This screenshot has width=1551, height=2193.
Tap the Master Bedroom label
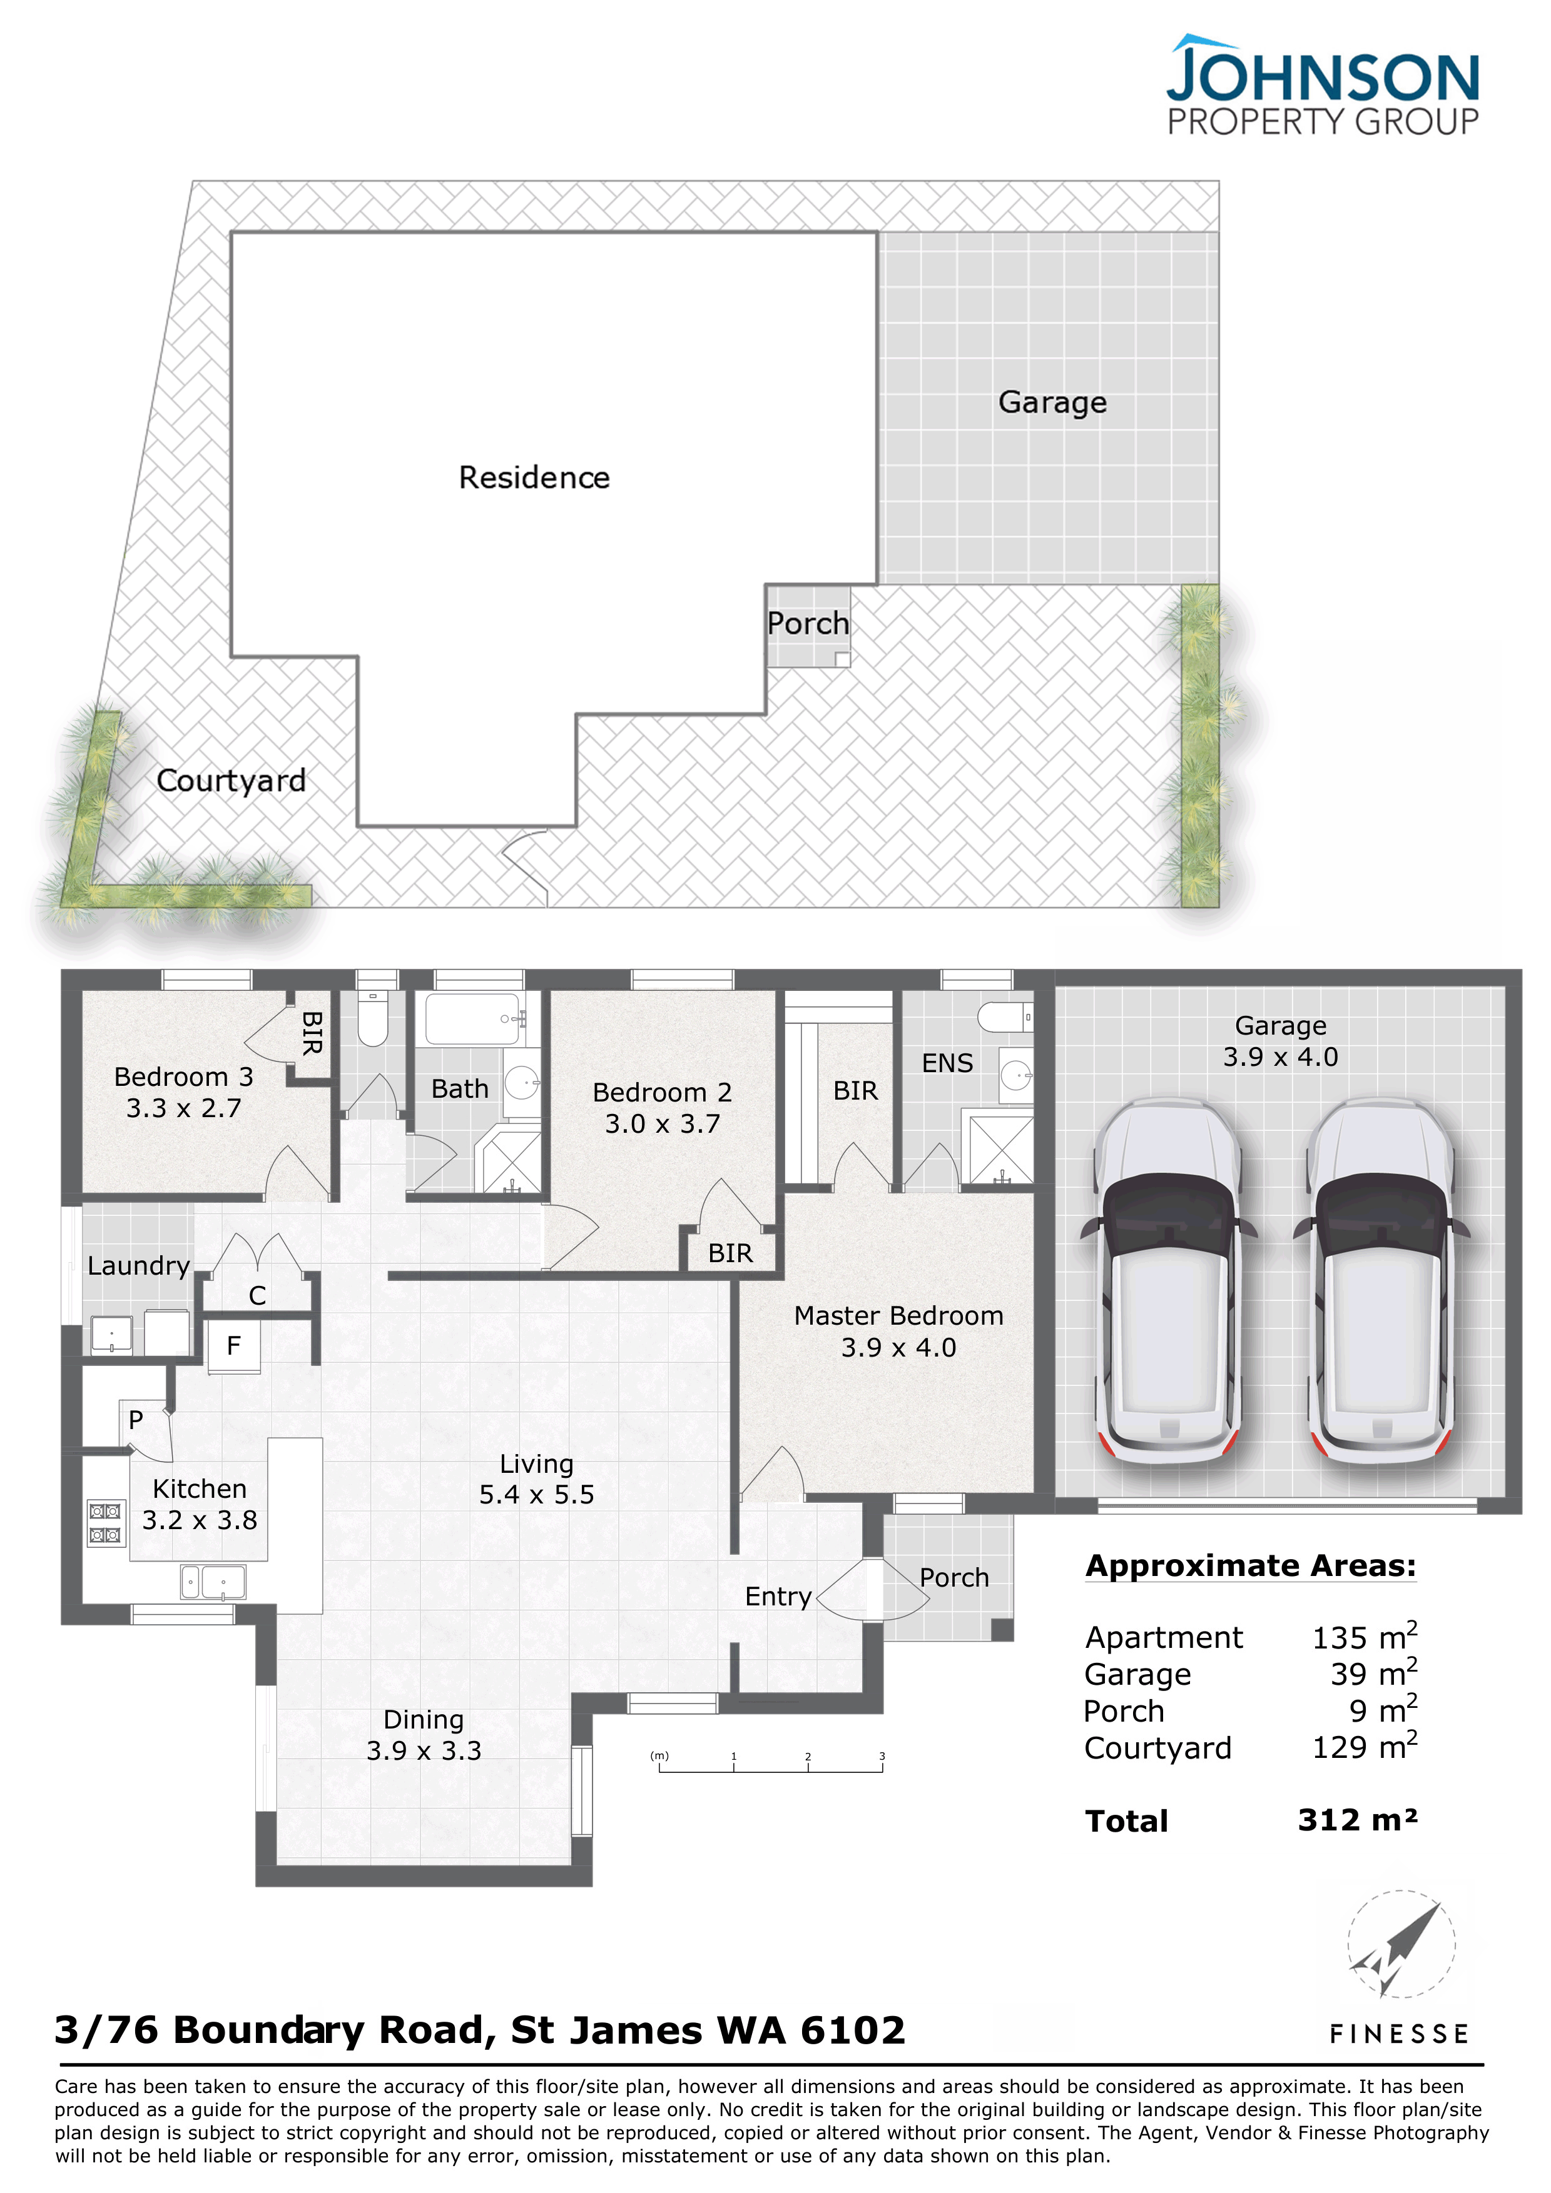click(x=898, y=1315)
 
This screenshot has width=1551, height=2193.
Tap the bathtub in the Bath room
click(x=473, y=1019)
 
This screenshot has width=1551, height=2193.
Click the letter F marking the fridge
click(x=234, y=1346)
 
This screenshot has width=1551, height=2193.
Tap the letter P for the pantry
click(x=136, y=1420)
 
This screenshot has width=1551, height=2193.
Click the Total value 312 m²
click(x=1357, y=1820)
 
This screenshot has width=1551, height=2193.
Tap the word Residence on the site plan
click(x=534, y=478)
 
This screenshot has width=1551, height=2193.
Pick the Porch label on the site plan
click(x=808, y=624)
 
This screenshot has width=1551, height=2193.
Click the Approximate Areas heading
click(x=1251, y=1567)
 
